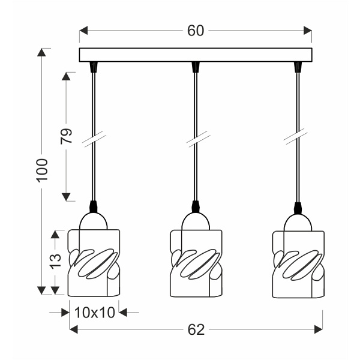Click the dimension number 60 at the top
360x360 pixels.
pos(196,31)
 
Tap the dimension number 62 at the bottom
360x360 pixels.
pos(196,329)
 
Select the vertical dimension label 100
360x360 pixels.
pos(41,172)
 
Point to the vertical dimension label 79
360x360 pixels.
pos(67,136)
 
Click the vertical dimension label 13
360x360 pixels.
pos(55,260)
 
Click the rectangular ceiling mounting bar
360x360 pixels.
pos(196,55)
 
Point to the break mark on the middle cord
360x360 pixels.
pos(196,140)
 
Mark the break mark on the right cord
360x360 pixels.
pos(296,140)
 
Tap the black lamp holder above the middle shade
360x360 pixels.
pos(196,208)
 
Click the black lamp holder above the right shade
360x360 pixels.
pos(298,208)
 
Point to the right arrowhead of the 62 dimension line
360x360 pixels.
pos(319,329)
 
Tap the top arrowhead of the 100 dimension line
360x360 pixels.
pos(41,52)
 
